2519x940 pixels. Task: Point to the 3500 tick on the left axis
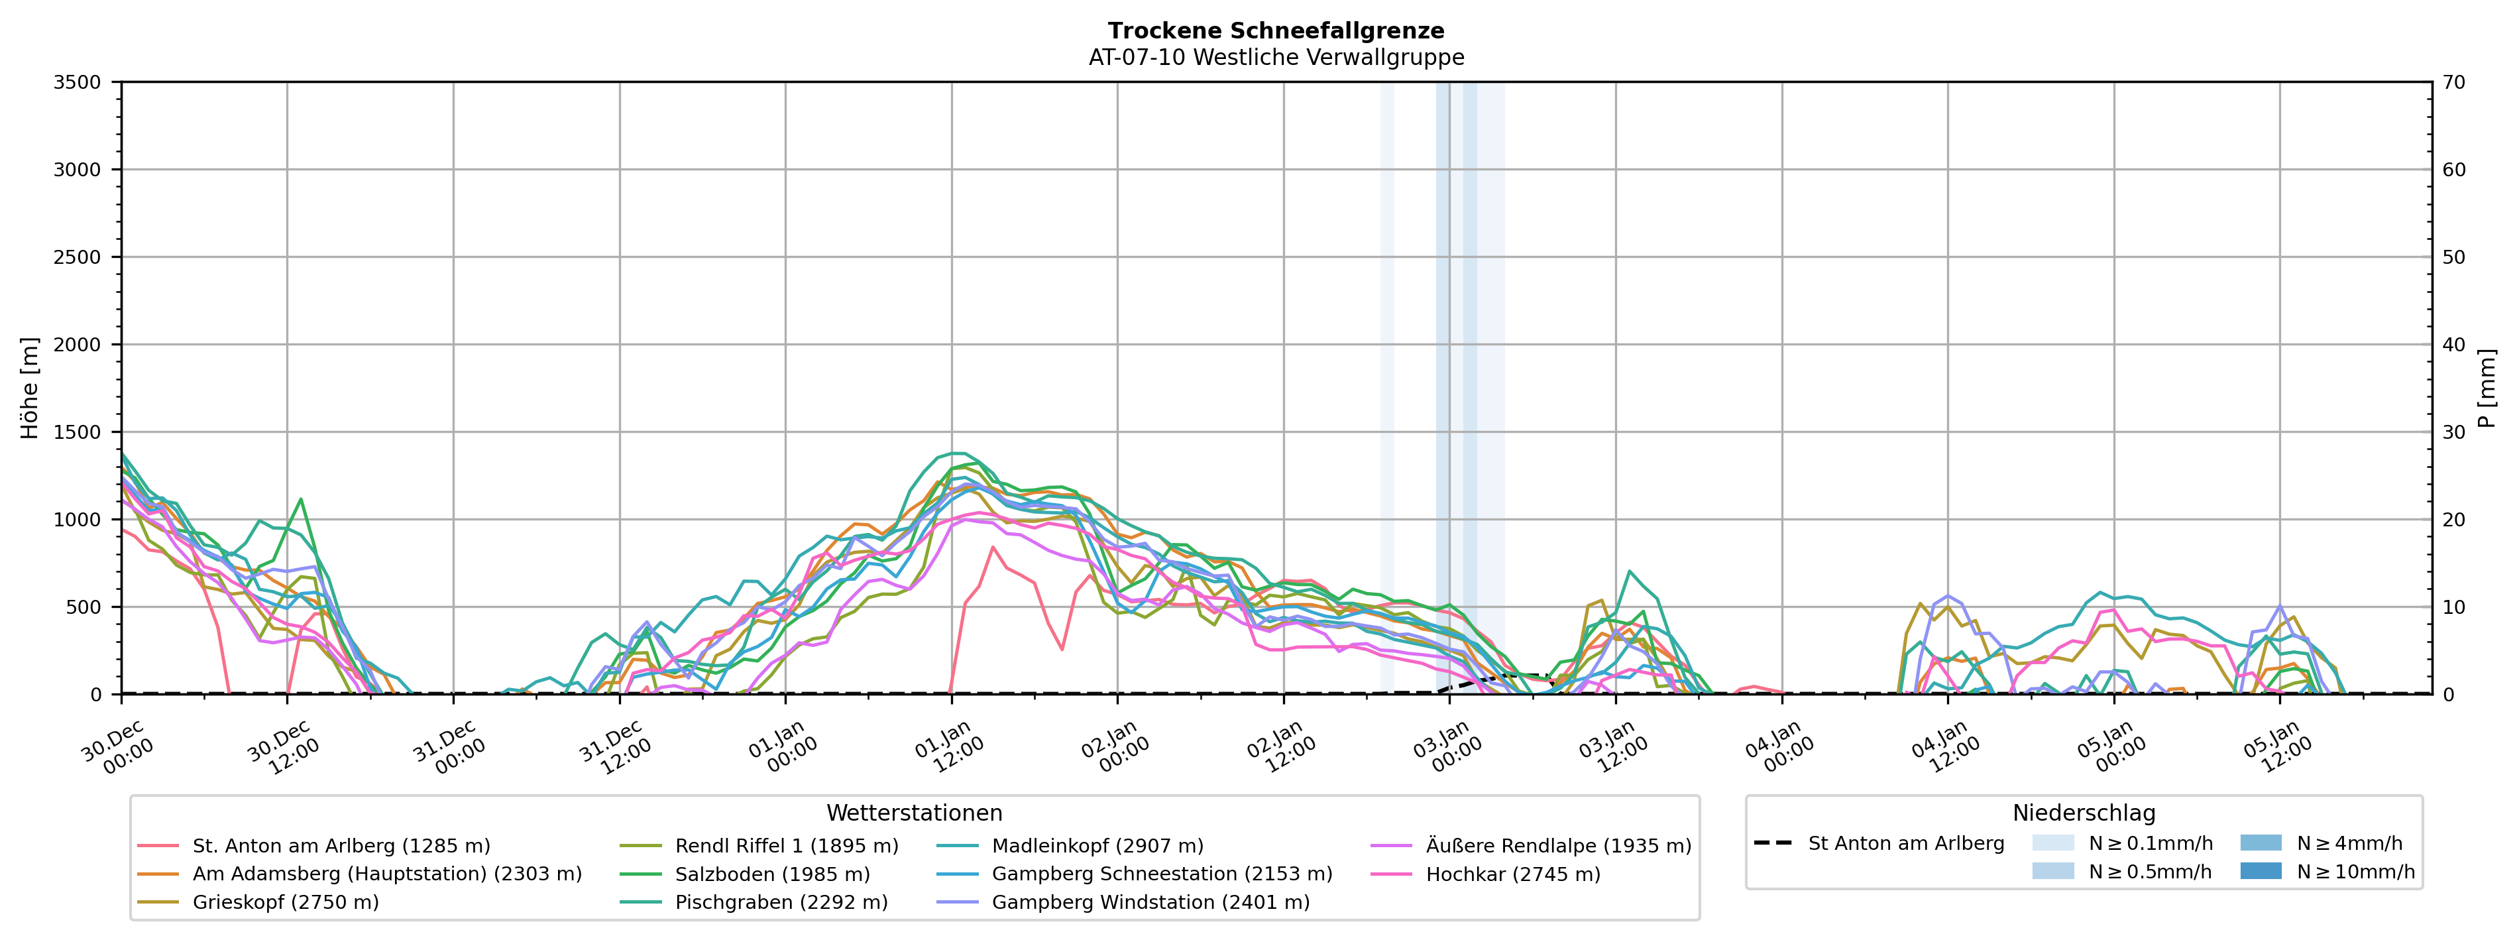pos(78,82)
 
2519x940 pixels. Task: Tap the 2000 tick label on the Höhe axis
pos(78,344)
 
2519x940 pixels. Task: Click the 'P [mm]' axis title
pos(2487,388)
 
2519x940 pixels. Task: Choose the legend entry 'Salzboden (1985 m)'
pos(771,874)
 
